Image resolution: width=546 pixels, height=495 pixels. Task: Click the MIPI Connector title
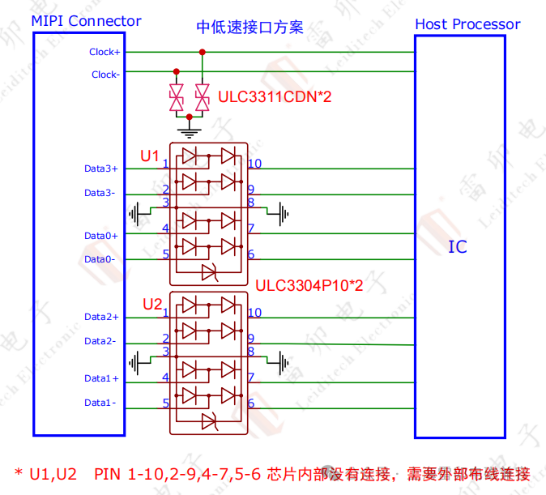(86, 22)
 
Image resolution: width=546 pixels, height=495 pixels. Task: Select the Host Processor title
(467, 24)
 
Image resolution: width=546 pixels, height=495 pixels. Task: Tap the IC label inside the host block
(458, 247)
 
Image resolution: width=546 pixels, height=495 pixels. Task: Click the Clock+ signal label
(105, 52)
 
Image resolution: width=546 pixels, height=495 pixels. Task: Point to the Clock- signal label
(105, 75)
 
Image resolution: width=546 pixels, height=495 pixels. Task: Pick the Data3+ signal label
(101, 169)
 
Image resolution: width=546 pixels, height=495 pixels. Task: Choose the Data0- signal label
(100, 259)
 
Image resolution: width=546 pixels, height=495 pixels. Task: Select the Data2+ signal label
(101, 317)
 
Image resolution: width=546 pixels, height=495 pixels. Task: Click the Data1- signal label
(100, 403)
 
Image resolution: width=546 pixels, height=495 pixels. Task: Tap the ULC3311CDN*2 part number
(275, 98)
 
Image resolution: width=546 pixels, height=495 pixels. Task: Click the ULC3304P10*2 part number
(309, 286)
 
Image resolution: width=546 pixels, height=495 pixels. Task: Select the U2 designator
(152, 305)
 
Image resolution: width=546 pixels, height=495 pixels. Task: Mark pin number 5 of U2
(165, 403)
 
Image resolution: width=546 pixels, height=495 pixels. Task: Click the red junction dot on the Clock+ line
(202, 52)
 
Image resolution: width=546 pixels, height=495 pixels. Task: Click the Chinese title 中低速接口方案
(250, 27)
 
